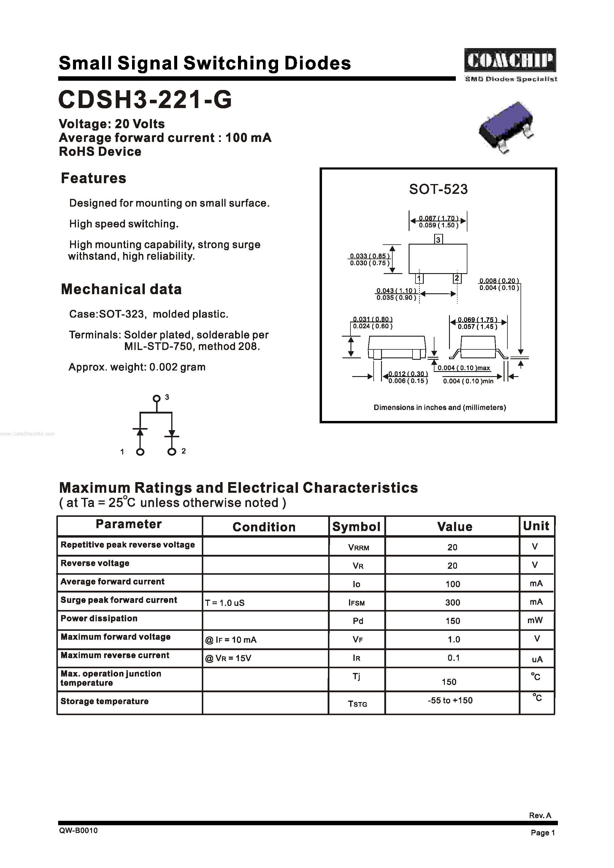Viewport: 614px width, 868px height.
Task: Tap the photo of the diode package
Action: tap(506, 127)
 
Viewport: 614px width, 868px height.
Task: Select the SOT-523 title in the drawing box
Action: tap(438, 189)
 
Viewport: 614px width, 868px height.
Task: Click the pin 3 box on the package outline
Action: tap(438, 239)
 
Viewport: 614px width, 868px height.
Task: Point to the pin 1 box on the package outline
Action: tap(419, 279)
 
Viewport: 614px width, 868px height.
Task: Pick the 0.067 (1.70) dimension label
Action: tap(439, 218)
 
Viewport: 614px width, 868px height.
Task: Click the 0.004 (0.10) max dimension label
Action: tap(464, 368)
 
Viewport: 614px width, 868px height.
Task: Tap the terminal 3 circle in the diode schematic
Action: tap(156, 398)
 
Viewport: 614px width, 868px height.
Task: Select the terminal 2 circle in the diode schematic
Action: tap(172, 452)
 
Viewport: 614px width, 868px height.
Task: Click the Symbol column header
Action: tap(356, 527)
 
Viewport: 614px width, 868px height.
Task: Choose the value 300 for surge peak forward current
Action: tap(453, 603)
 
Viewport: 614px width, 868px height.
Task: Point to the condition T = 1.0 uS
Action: tap(225, 603)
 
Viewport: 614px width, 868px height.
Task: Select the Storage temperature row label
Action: tap(104, 701)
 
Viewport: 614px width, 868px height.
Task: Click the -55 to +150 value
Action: tap(450, 701)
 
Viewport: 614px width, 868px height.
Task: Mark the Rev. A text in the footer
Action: tap(540, 815)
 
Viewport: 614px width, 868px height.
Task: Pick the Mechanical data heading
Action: tap(121, 289)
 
